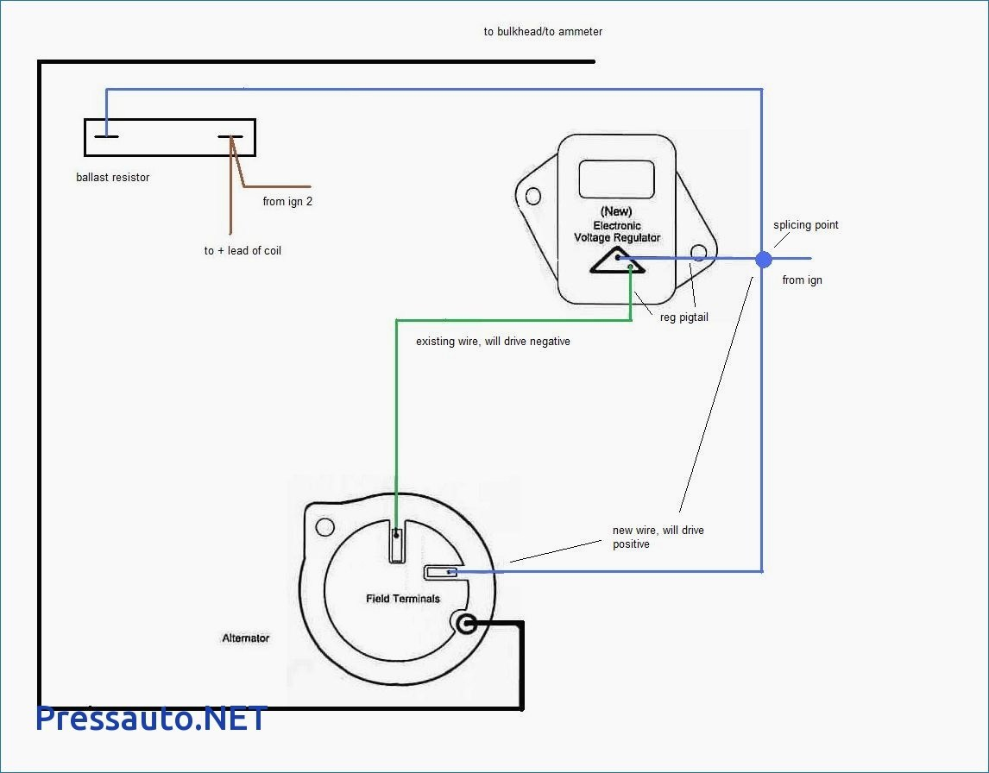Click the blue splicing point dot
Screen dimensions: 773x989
click(x=763, y=258)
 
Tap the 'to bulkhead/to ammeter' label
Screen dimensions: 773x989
click(x=543, y=32)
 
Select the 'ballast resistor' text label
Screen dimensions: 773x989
click(x=112, y=178)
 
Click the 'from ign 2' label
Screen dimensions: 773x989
click(x=287, y=202)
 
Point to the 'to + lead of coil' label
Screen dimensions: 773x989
click(x=243, y=251)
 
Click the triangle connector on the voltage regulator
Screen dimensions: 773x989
click(x=619, y=261)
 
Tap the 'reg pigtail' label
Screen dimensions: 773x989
click(x=683, y=317)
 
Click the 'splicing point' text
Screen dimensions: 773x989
click(x=805, y=225)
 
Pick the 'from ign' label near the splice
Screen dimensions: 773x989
click(x=802, y=280)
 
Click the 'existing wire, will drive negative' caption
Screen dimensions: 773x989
click(x=493, y=342)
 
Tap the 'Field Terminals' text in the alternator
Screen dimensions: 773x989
click(x=403, y=599)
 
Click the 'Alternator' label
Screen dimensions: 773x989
click(x=246, y=638)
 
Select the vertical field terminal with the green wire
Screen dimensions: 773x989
click(x=396, y=545)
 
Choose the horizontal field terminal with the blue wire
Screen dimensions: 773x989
click(x=440, y=572)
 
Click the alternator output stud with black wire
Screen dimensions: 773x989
click(x=466, y=624)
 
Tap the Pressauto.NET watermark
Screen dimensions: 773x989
click(x=152, y=718)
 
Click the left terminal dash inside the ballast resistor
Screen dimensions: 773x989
click(x=107, y=136)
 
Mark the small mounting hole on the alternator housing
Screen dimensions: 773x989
click(x=324, y=526)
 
